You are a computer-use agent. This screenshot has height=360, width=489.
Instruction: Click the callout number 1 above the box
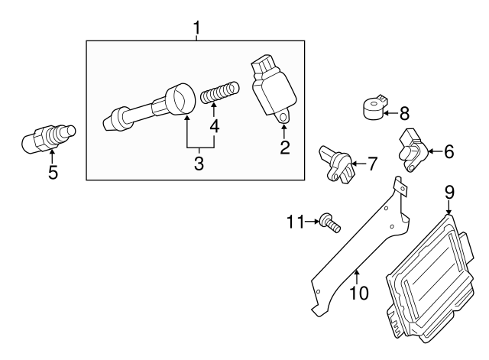196,29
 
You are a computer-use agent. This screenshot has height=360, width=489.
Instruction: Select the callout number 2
284,148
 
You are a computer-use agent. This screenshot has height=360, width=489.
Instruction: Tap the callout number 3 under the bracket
199,163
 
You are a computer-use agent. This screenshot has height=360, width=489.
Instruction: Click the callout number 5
52,172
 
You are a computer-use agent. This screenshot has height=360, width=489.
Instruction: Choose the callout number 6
449,151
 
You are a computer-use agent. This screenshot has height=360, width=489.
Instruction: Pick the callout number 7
371,163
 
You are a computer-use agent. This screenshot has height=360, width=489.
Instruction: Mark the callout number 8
404,114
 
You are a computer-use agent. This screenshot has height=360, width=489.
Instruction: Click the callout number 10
358,292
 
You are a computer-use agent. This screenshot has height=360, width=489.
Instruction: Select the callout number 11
296,222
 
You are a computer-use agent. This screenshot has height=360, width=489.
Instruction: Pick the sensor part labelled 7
335,161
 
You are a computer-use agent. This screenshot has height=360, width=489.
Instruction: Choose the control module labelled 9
432,275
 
